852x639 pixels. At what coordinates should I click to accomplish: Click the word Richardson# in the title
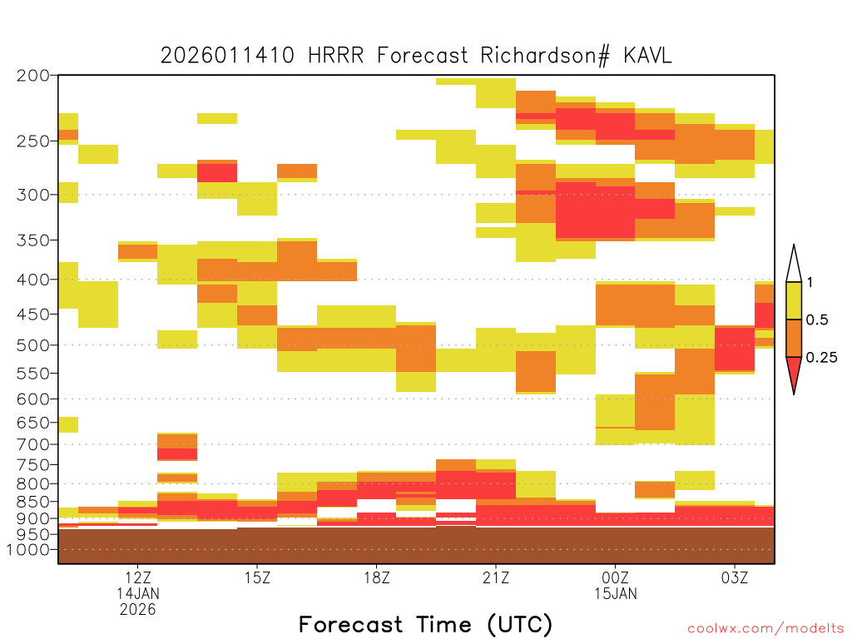pyautogui.click(x=545, y=56)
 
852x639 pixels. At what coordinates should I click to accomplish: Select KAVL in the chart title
pyautogui.click(x=647, y=56)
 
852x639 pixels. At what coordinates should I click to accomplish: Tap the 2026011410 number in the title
pyautogui.click(x=228, y=56)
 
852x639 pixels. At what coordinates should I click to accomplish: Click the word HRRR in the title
pyautogui.click(x=336, y=56)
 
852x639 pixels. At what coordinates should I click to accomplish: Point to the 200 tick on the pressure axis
pyautogui.click(x=33, y=76)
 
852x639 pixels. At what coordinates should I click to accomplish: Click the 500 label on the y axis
pyautogui.click(x=33, y=345)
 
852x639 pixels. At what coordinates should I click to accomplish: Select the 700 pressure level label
pyautogui.click(x=33, y=444)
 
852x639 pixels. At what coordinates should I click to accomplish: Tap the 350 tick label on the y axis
pyautogui.click(x=33, y=240)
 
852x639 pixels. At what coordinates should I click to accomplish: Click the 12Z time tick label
pyautogui.click(x=137, y=577)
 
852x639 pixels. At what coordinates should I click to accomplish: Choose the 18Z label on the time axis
pyautogui.click(x=377, y=577)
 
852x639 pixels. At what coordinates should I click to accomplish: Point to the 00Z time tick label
pyautogui.click(x=615, y=577)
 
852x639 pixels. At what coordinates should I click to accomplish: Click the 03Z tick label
pyautogui.click(x=735, y=577)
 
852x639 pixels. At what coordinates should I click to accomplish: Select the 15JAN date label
pyautogui.click(x=616, y=593)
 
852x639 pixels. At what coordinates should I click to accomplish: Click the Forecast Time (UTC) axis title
pyautogui.click(x=425, y=625)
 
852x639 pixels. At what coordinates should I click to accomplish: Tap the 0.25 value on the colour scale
pyautogui.click(x=821, y=358)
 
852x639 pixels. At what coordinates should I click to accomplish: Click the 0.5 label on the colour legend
pyautogui.click(x=817, y=320)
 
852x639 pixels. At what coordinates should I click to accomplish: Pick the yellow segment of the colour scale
pyautogui.click(x=794, y=300)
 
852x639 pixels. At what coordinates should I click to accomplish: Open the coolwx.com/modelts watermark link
pyautogui.click(x=765, y=629)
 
